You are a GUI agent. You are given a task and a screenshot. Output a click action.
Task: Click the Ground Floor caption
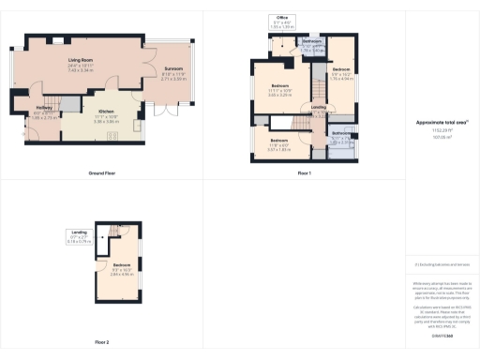click(101, 174)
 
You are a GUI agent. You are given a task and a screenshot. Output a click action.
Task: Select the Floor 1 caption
click(304, 174)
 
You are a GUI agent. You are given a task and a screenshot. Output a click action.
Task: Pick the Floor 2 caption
click(101, 342)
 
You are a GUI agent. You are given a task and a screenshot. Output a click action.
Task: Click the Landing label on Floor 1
click(319, 108)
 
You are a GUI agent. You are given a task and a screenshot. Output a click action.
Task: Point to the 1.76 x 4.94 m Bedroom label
click(342, 74)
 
